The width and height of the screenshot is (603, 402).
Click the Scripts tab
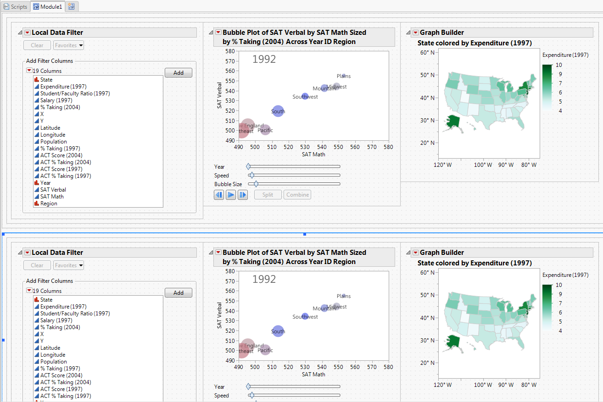(16, 7)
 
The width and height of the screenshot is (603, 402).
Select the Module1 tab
(48, 7)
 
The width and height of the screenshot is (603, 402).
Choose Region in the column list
(49, 204)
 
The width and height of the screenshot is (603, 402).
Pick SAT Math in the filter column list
(52, 197)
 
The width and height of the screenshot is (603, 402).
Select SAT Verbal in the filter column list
(53, 190)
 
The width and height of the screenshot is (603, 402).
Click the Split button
(268, 195)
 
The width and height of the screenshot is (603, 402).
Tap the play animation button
(231, 195)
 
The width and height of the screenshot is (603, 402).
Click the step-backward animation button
(219, 195)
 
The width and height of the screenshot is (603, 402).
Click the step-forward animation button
(242, 195)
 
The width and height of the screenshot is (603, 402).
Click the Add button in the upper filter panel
(178, 73)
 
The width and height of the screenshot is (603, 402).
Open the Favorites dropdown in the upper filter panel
(68, 45)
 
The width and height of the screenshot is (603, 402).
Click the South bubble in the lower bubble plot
(278, 331)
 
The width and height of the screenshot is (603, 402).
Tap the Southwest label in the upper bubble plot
(305, 97)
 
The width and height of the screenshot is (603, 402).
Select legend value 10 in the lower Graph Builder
(559, 285)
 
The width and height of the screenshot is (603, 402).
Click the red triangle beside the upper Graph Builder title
(415, 33)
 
